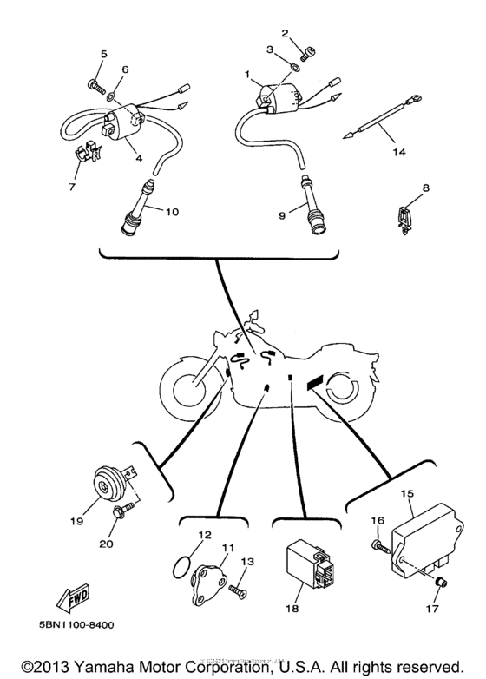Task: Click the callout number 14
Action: pyautogui.click(x=398, y=152)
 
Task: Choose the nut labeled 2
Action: pyautogui.click(x=313, y=49)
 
